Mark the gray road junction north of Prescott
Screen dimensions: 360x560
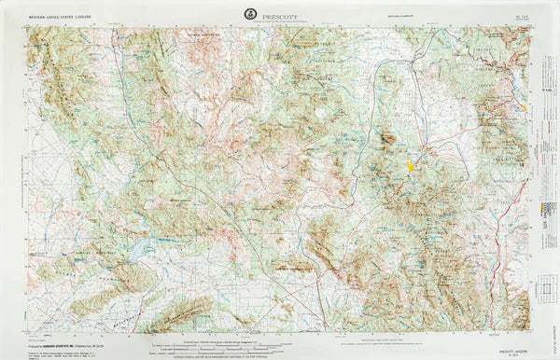tap(426, 149)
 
